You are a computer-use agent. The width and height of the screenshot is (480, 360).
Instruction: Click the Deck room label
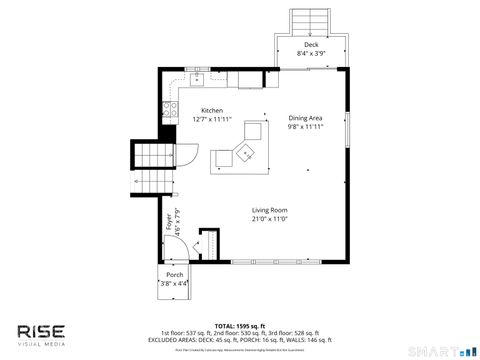pyautogui.click(x=311, y=46)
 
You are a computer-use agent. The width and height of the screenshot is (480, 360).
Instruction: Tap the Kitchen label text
pyautogui.click(x=211, y=111)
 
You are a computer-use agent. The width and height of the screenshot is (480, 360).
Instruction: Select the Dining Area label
pyautogui.click(x=307, y=118)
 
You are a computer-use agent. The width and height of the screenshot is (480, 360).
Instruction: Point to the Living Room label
pyautogui.click(x=269, y=210)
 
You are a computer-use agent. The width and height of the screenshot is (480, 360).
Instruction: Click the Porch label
pyautogui.click(x=174, y=274)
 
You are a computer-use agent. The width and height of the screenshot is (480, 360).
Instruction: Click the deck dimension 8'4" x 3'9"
pyautogui.click(x=311, y=55)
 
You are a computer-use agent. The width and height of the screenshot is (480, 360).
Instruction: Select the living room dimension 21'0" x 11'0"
pyautogui.click(x=269, y=219)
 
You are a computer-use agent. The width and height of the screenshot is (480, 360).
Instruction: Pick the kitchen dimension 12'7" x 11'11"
pyautogui.click(x=211, y=120)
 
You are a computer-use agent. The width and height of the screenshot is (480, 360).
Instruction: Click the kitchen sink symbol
pyautogui.click(x=198, y=77)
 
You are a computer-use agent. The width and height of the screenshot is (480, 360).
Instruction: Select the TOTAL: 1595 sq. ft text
pyautogui.click(x=239, y=325)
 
